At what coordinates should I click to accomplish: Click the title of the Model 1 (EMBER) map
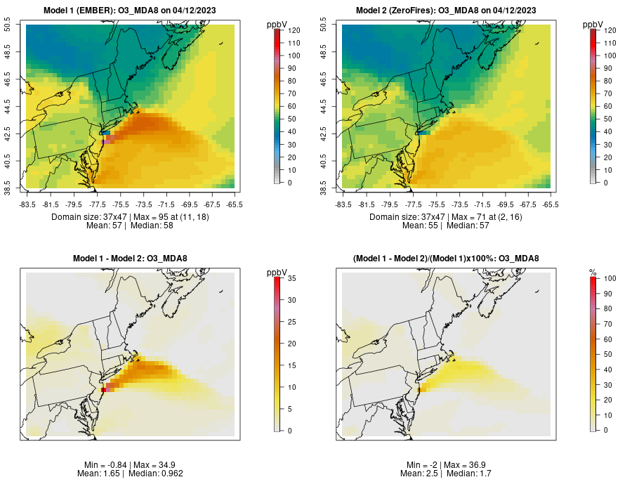[x=131, y=10]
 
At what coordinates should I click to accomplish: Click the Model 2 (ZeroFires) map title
[x=447, y=10]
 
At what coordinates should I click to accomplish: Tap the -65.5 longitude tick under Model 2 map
[x=551, y=204]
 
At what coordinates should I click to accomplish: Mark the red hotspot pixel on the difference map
[x=103, y=389]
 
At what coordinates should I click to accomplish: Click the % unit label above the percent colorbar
[x=592, y=273]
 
